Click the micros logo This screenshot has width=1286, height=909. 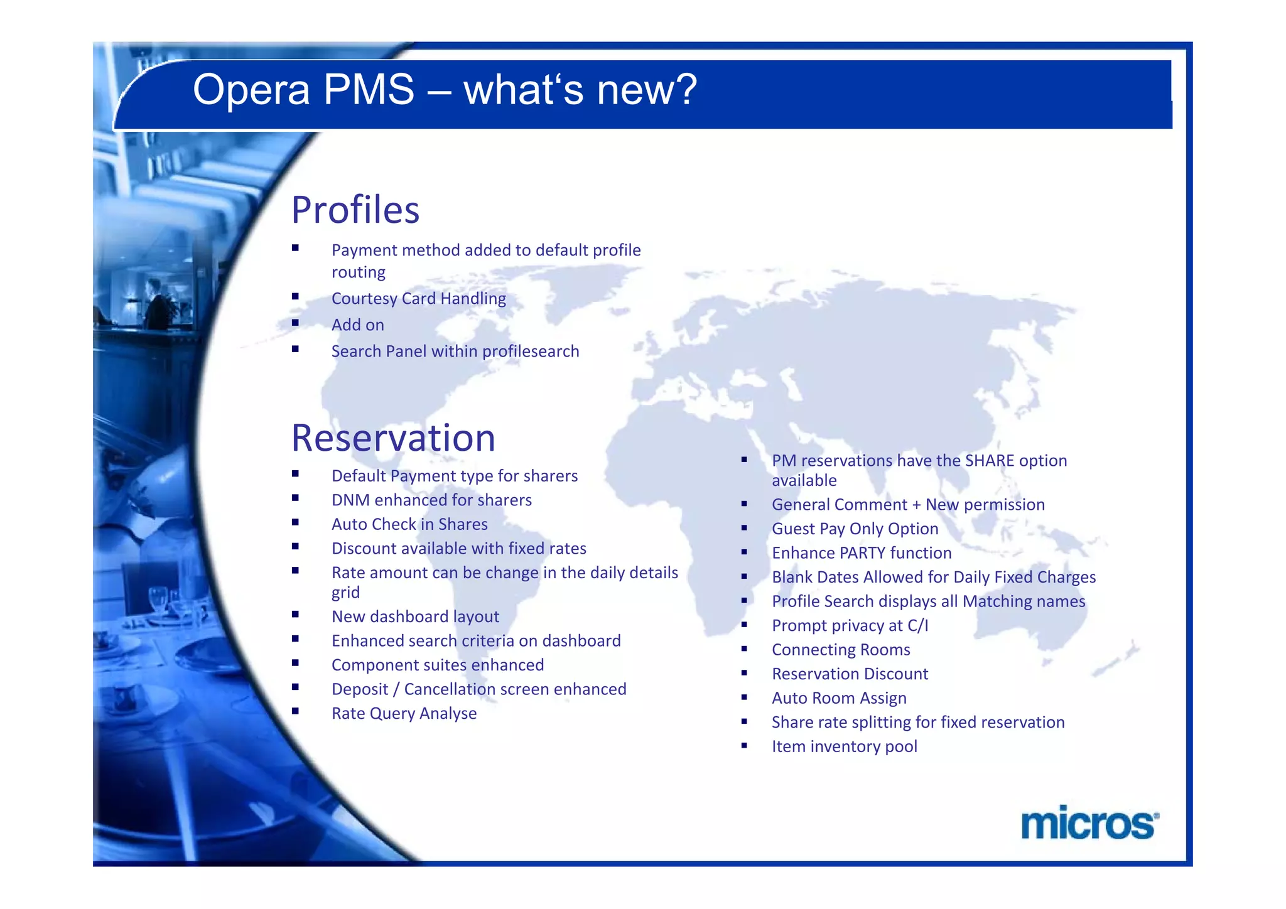pyautogui.click(x=1089, y=824)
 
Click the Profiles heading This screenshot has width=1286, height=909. pyautogui.click(x=355, y=210)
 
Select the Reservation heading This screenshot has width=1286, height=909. pyautogui.click(x=393, y=438)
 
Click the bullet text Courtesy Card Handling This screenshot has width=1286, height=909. pyautogui.click(x=418, y=298)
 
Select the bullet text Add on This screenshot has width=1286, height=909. pyautogui.click(x=357, y=325)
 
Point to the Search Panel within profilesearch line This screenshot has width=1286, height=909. pyautogui.click(x=455, y=351)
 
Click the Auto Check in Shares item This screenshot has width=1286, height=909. pyautogui.click(x=409, y=524)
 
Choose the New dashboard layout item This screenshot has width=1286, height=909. pyautogui.click(x=415, y=616)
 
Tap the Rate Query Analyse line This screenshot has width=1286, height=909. pyautogui.click(x=404, y=713)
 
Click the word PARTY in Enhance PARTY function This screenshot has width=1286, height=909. pyautogui.click(x=862, y=553)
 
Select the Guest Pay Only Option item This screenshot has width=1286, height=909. pyautogui.click(x=855, y=529)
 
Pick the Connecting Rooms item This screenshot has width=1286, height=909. pyautogui.click(x=841, y=650)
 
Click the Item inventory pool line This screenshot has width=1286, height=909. pyautogui.click(x=844, y=746)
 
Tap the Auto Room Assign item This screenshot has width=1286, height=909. pyautogui.click(x=839, y=698)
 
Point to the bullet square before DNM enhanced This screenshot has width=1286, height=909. pyautogui.click(x=295, y=498)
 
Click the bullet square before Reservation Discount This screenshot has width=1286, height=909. pyautogui.click(x=744, y=673)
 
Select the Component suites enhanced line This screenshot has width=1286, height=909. pyautogui.click(x=438, y=665)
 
